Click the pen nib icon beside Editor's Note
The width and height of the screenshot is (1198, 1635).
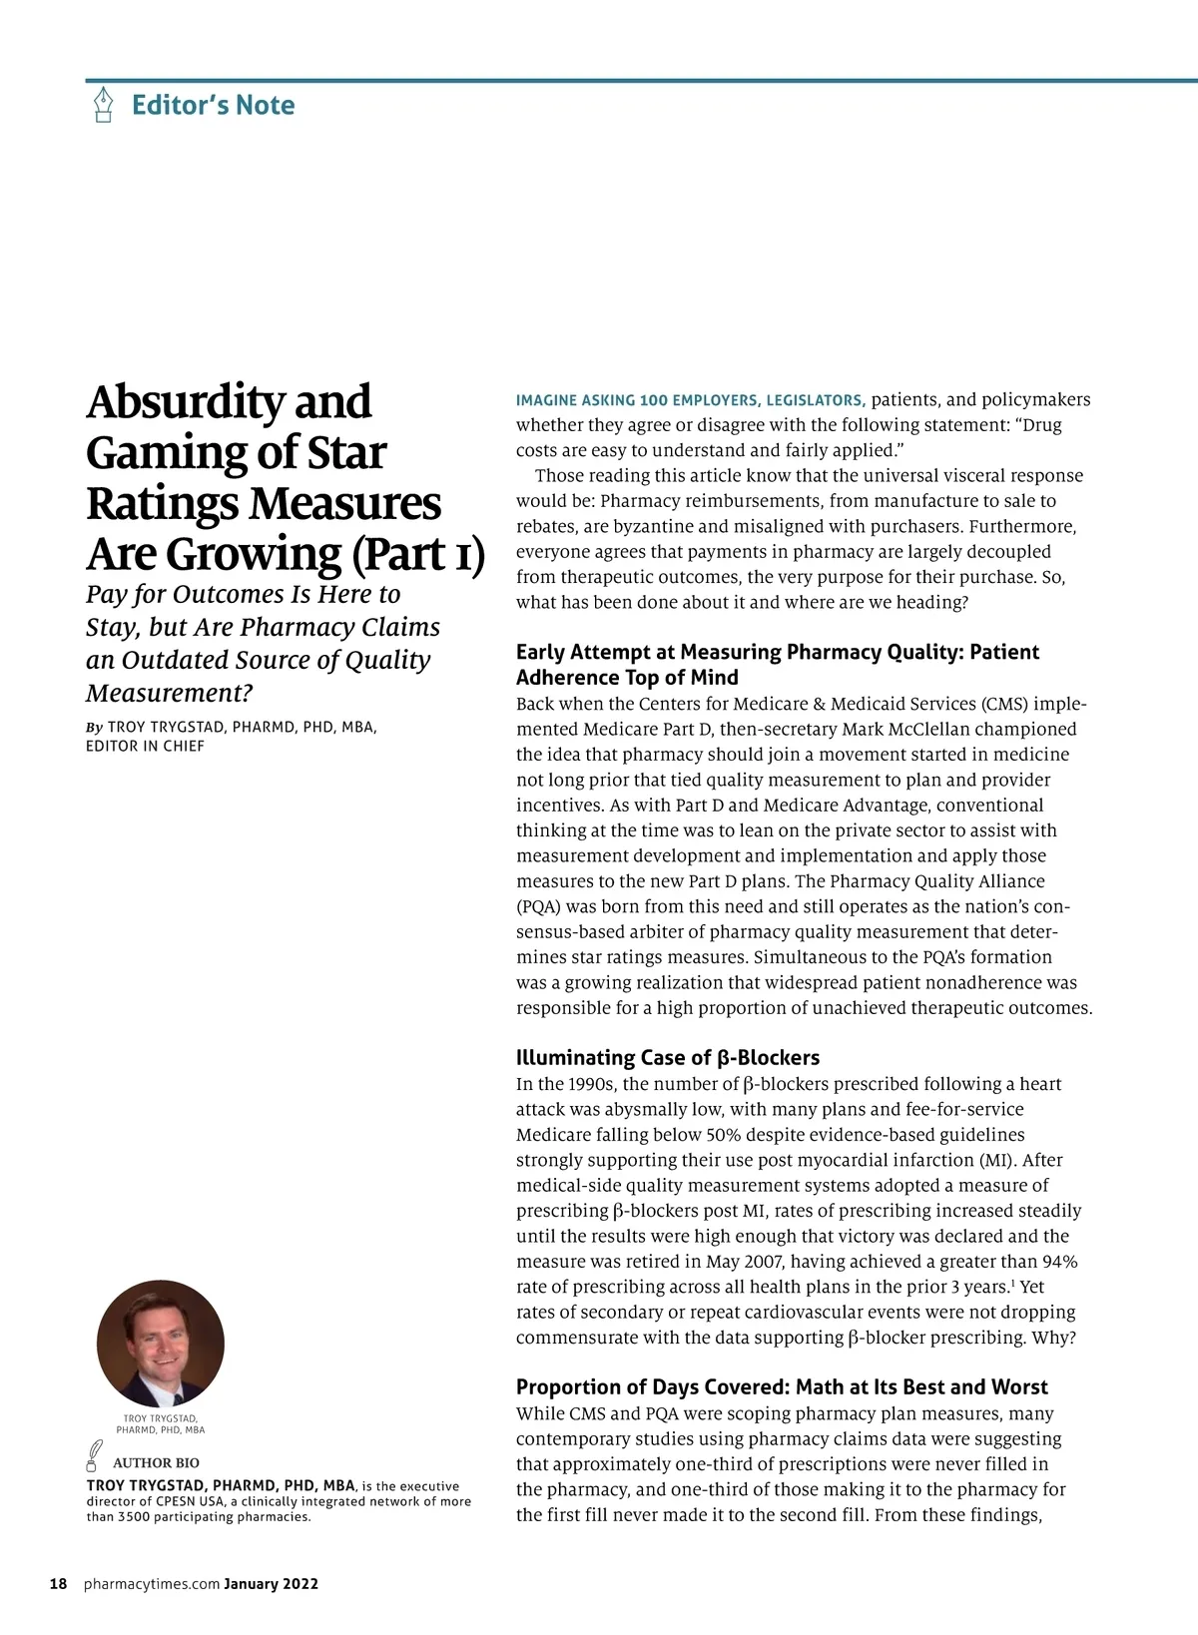click(x=103, y=105)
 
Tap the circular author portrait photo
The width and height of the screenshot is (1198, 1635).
click(x=161, y=1344)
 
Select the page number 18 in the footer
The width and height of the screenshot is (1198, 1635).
click(x=59, y=1583)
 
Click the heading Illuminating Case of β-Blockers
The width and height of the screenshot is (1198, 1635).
click(x=667, y=1057)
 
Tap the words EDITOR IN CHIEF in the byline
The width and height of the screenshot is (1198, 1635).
click(x=145, y=746)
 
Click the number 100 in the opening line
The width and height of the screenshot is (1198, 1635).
click(x=654, y=400)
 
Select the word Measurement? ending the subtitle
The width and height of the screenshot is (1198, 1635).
click(x=170, y=692)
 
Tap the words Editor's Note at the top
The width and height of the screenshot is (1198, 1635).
click(x=213, y=105)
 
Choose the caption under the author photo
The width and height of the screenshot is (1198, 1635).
click(x=161, y=1423)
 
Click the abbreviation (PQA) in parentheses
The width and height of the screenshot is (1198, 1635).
click(x=540, y=906)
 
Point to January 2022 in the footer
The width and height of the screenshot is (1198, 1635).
click(x=271, y=1583)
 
